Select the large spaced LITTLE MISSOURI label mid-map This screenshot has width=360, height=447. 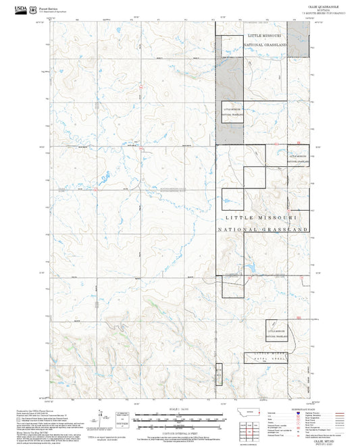tap(263, 219)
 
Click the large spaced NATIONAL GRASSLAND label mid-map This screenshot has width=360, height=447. tap(263, 230)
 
